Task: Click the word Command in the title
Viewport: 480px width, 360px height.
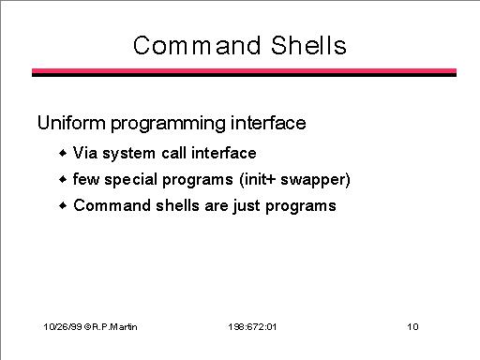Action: [197, 46]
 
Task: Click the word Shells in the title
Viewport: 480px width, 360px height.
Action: [308, 45]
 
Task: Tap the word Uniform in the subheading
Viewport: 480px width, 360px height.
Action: [71, 123]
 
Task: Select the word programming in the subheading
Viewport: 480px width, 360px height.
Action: [168, 125]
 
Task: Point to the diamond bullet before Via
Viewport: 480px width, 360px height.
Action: [63, 153]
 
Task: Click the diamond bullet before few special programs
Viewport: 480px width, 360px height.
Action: [63, 179]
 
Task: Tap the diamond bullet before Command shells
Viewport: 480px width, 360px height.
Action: [63, 205]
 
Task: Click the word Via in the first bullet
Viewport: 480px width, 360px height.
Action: [85, 153]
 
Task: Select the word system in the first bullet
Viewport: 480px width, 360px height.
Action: [128, 155]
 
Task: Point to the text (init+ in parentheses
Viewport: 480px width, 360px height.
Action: [258, 180]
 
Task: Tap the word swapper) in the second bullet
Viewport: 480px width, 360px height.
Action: [315, 180]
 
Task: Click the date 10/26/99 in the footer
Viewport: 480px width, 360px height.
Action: [63, 327]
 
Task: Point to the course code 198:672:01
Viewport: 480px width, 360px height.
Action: [252, 327]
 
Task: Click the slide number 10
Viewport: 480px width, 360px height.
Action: [412, 327]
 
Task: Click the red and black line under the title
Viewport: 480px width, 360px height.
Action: [244, 72]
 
